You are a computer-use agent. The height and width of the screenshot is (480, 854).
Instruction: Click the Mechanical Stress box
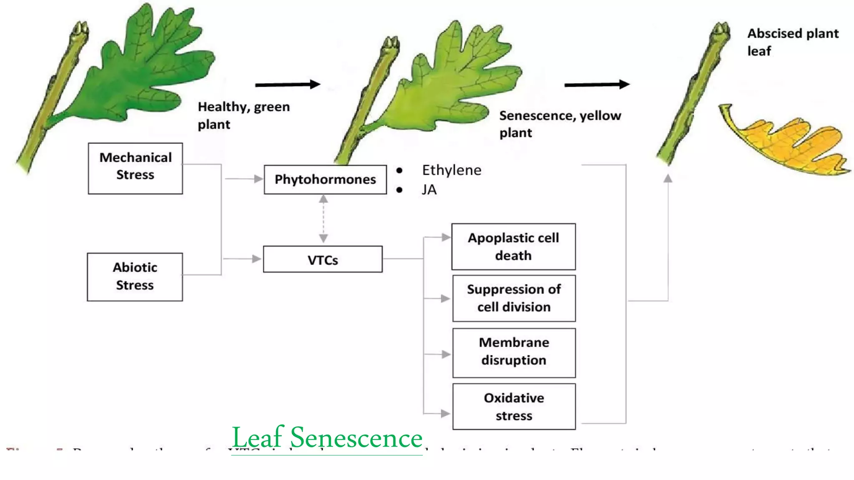pos(135,168)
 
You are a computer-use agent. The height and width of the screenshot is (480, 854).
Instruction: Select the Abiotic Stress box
pos(135,277)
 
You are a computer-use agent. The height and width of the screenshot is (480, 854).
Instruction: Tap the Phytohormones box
pos(325,180)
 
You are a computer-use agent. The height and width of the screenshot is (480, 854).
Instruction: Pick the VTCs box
pos(322,259)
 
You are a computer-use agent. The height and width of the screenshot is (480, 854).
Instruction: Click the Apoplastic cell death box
pos(513,247)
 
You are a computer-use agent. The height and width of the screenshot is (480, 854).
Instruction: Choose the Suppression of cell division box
pos(514,298)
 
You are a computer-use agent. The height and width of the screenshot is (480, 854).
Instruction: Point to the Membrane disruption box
pos(514,352)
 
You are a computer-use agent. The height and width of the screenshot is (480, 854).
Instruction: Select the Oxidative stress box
pos(514,407)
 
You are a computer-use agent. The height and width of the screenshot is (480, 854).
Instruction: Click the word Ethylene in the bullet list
pos(451,170)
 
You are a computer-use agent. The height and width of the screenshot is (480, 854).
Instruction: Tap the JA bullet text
pos(429,190)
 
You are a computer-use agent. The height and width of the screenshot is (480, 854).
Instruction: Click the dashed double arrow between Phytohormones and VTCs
pos(323,219)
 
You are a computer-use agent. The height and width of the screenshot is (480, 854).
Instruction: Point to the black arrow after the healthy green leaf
pos(287,85)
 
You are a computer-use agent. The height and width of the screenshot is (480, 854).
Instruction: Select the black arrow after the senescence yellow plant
pos(596,85)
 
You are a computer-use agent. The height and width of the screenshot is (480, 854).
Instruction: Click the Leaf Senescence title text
pos(327,437)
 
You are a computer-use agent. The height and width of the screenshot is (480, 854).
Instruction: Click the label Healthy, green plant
pos(244,115)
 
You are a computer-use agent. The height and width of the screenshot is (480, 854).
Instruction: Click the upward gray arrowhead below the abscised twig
pos(668,178)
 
